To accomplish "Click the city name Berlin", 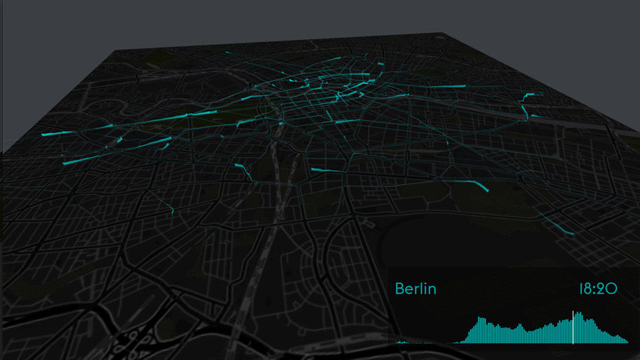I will (x=415, y=289).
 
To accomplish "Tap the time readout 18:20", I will (x=597, y=289).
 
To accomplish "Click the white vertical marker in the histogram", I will (x=573, y=327).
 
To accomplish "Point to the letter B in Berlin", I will (x=400, y=289).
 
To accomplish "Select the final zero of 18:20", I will (x=612, y=289).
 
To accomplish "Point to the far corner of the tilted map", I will (x=442, y=33).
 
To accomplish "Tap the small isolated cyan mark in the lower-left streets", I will (x=171, y=208).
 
